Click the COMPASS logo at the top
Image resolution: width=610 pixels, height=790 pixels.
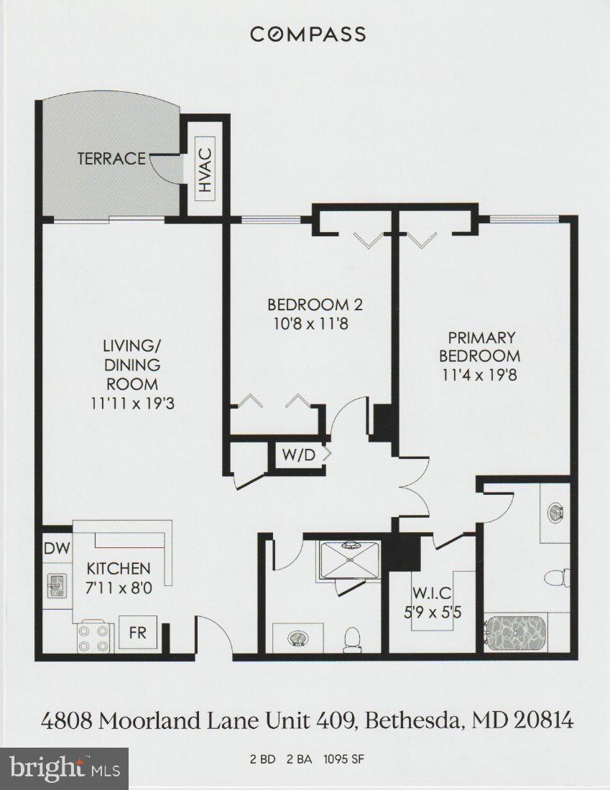[x=308, y=34]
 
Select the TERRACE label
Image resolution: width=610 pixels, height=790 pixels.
[x=111, y=158]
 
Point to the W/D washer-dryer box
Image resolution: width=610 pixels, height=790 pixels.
[x=297, y=455]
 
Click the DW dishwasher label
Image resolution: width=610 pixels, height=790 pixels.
[x=57, y=549]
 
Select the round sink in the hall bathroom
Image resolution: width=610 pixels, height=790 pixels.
[x=297, y=637]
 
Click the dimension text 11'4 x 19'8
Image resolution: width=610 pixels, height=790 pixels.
[x=481, y=373]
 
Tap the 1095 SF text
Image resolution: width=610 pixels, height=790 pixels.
[x=348, y=758]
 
